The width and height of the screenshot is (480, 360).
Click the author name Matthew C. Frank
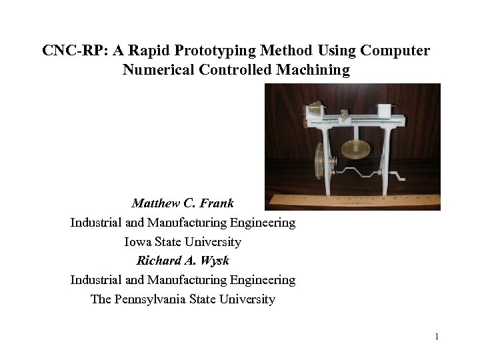(183, 203)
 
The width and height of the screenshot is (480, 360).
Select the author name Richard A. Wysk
(183, 261)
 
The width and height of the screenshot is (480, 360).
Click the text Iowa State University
(183, 241)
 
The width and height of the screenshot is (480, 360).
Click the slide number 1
(436, 337)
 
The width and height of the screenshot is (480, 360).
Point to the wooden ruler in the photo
(353, 201)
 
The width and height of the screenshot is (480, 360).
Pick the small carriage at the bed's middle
(345, 115)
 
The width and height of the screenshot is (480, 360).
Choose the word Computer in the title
(396, 51)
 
